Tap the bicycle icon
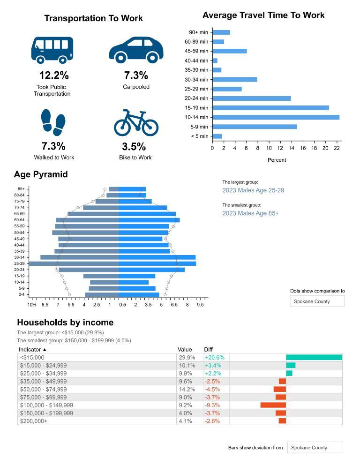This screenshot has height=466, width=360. point(136,123)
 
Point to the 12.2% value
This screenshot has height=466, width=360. point(53,75)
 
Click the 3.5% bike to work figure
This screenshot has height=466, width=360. point(134,146)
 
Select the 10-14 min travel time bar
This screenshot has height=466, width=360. point(276,117)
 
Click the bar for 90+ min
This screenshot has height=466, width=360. point(221,32)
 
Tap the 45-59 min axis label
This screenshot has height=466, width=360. point(196,51)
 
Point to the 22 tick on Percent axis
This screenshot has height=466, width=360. point(337,148)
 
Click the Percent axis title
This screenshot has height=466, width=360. point(277,160)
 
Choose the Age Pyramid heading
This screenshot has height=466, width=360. point(41,174)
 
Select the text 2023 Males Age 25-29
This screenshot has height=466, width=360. point(253,190)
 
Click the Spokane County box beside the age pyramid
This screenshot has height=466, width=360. point(317,301)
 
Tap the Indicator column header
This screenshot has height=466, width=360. point(33,350)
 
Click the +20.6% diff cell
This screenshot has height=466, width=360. point(215,357)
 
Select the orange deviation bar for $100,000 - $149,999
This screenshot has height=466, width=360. point(273,405)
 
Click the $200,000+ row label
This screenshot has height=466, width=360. point(34,421)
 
